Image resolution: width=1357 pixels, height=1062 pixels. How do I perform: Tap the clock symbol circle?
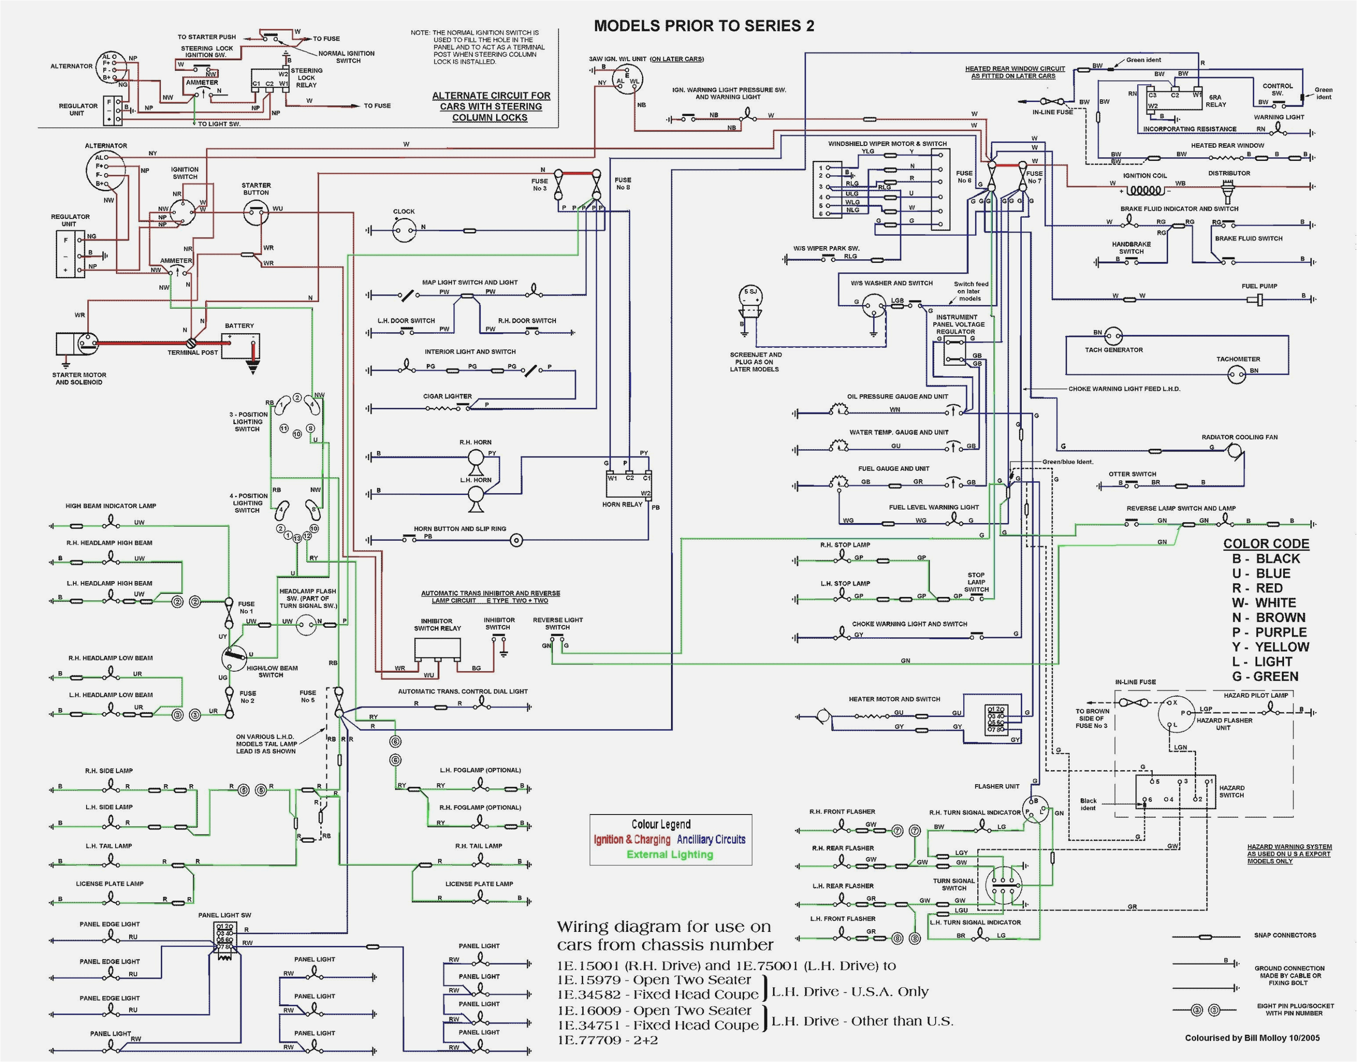[405, 231]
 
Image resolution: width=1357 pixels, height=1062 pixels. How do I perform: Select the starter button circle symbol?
[256, 214]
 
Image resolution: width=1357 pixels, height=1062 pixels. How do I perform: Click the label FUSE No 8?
[623, 184]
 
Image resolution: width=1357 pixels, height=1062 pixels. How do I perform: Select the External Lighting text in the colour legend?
[670, 854]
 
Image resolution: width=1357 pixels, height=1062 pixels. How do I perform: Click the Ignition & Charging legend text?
[632, 839]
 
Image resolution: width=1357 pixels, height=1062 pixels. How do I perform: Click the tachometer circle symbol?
[1237, 373]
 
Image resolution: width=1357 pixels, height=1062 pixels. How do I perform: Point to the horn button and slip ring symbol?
[516, 540]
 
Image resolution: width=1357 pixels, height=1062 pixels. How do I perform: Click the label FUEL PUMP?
[1259, 286]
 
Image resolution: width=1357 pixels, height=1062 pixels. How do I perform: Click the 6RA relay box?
[1174, 100]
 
